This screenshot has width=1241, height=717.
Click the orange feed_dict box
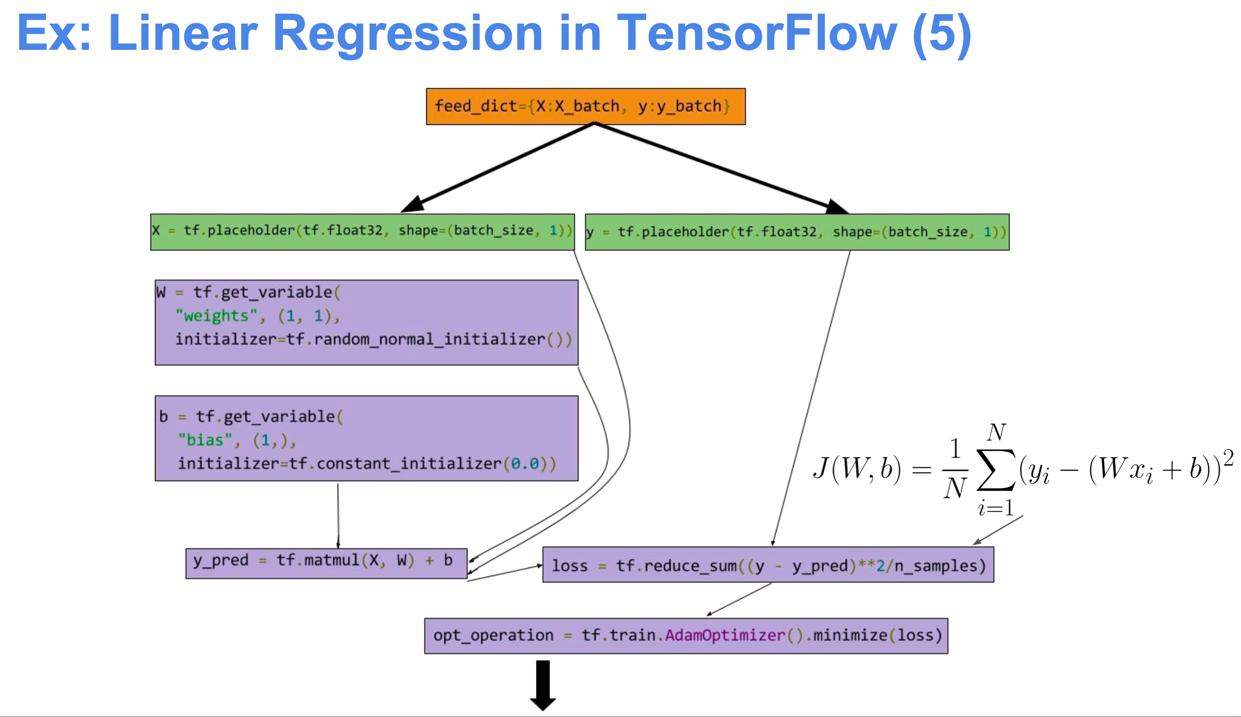tap(585, 106)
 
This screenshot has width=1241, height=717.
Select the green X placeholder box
tap(362, 232)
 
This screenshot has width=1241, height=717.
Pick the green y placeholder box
tap(797, 232)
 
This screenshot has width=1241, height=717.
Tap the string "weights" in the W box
tap(217, 316)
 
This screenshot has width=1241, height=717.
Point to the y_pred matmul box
tap(326, 563)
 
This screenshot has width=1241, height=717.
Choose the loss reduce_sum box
tap(767, 565)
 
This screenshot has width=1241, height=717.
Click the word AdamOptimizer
tap(725, 635)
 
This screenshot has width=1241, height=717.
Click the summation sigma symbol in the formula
tap(995, 469)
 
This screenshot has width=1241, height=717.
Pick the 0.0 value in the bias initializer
tap(525, 463)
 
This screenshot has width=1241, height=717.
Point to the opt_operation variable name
tap(493, 635)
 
